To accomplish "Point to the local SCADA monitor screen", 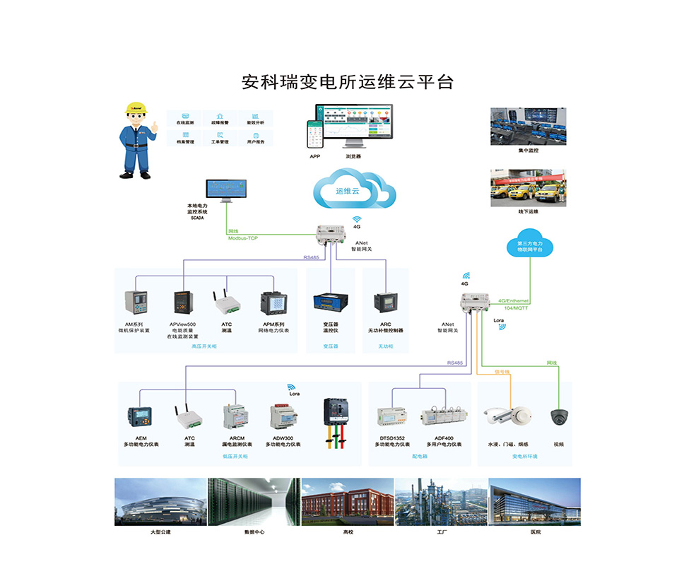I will click(227, 189).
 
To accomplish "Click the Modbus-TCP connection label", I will click(242, 238).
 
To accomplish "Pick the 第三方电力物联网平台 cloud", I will click(529, 244).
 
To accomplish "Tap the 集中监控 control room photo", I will click(528, 126).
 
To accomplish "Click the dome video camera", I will click(559, 417).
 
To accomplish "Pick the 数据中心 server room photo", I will click(254, 501).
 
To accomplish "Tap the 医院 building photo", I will click(533, 501).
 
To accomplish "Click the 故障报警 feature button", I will click(220, 118).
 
